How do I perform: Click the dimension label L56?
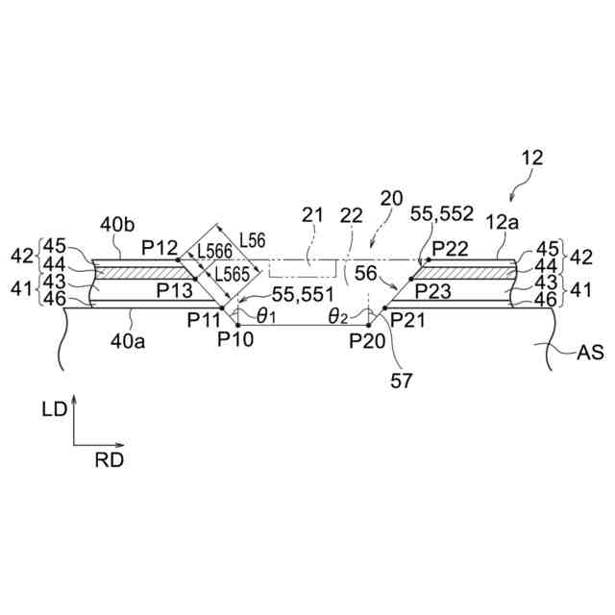click(x=254, y=238)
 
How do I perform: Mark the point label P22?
click(x=450, y=249)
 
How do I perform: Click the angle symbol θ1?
click(x=263, y=315)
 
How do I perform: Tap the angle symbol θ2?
click(x=338, y=315)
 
